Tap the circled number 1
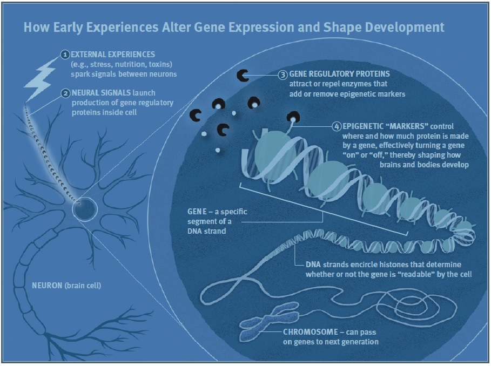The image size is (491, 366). [65, 55]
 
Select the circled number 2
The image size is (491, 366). [65, 93]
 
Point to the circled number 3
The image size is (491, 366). [283, 74]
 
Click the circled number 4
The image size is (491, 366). [337, 127]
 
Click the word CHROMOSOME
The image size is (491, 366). [311, 332]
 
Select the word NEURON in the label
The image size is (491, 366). [47, 286]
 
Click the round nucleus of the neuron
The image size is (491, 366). [85, 209]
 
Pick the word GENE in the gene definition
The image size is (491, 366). [197, 212]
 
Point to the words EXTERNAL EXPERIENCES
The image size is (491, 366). [113, 55]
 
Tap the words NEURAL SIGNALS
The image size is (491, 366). [101, 93]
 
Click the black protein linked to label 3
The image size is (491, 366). [243, 76]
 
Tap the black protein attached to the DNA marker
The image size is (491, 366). [293, 117]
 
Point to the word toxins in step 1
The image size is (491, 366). [160, 64]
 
